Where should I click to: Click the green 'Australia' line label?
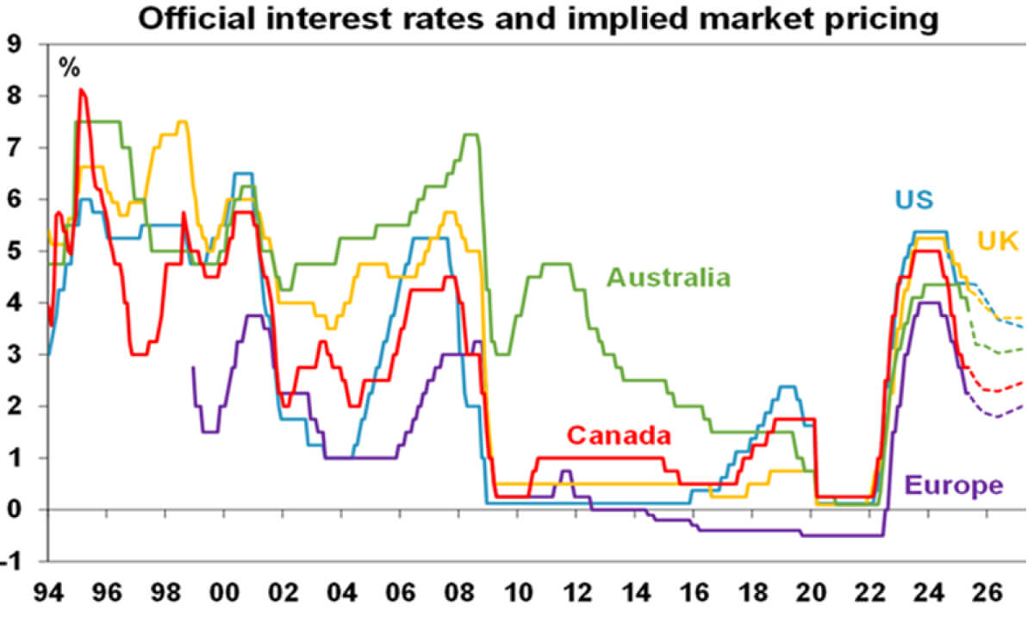click(669, 278)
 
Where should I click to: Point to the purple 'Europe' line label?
click(955, 485)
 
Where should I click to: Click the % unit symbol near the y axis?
click(69, 67)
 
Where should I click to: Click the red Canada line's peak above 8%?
click(81, 90)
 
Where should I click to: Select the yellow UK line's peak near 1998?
click(182, 122)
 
